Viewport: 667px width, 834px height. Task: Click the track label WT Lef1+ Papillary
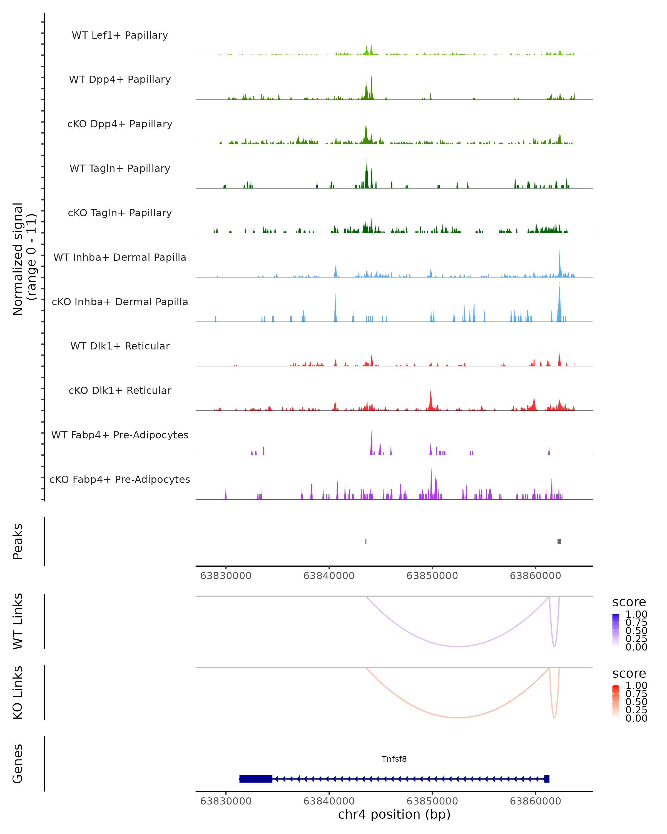click(120, 35)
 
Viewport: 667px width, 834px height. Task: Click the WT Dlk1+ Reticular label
click(120, 346)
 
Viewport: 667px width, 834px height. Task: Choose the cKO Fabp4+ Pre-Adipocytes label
click(120, 479)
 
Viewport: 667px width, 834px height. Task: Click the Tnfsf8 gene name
click(394, 759)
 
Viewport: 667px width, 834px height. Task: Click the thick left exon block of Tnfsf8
click(256, 779)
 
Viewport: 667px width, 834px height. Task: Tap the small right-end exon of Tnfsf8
click(547, 779)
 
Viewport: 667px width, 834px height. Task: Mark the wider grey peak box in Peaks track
click(559, 542)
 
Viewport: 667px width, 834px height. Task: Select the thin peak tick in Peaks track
click(366, 542)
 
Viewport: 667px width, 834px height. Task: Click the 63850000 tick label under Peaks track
click(432, 576)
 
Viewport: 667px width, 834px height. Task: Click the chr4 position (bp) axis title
click(394, 814)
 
